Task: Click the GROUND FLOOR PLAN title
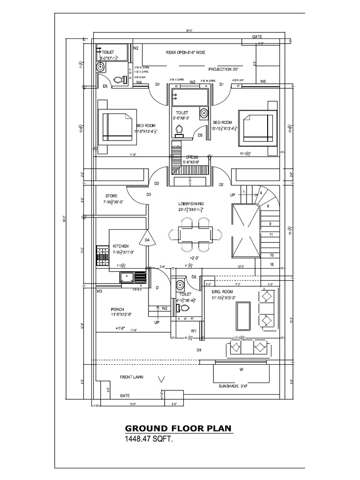pos(178,429)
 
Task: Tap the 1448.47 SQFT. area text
pos(150,440)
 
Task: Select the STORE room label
pos(111,196)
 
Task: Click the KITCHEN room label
pos(120,246)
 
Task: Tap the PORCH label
pos(117,309)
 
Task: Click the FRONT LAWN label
pos(132,377)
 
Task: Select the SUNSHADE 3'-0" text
pos(233,386)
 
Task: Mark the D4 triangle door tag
pos(147,240)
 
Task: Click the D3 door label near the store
pos(149,194)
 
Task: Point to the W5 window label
pos(263,82)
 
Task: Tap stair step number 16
pos(271,265)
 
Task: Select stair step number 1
pos(244,191)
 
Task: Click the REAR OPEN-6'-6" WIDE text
pos(186,52)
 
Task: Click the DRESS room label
pos(192,157)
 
